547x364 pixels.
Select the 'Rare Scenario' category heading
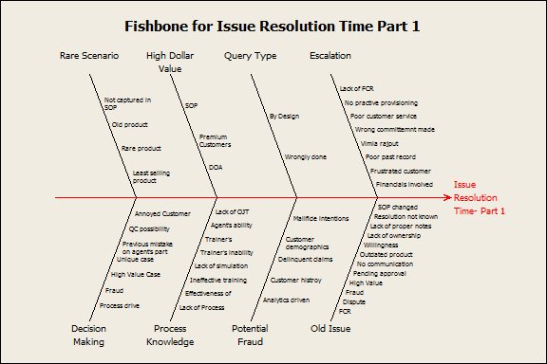tap(89, 56)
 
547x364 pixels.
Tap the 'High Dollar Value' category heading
tap(170, 62)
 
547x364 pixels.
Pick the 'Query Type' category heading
tap(250, 56)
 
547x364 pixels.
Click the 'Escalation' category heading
tap(330, 56)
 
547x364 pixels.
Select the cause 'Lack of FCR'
tap(356, 89)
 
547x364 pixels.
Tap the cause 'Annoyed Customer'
tap(162, 214)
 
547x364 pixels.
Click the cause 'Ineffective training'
tap(218, 281)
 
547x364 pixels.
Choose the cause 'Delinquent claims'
tap(303, 258)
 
